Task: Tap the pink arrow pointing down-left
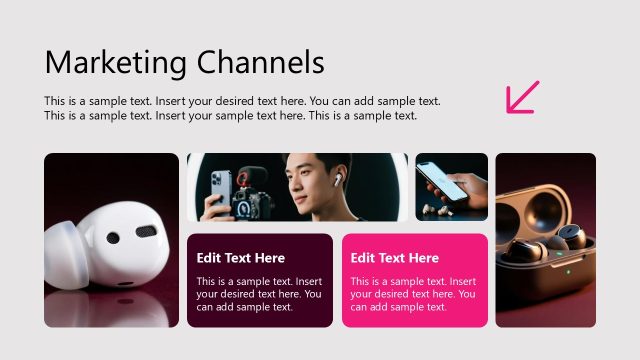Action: (x=522, y=97)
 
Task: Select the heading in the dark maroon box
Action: (x=240, y=258)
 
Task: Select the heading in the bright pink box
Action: (x=394, y=258)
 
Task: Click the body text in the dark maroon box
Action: (x=259, y=294)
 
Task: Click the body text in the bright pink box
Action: (x=413, y=294)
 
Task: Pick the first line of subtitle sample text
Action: (x=242, y=101)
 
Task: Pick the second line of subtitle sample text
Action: (x=230, y=115)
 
